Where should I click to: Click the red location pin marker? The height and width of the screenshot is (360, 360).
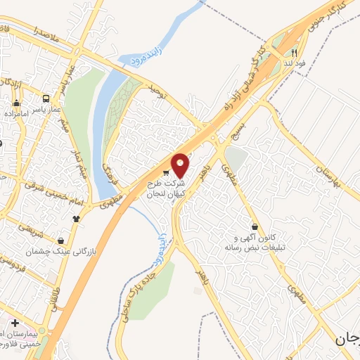pyautogui.click(x=181, y=165)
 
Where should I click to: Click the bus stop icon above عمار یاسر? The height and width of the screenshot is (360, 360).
pyautogui.click(x=46, y=99)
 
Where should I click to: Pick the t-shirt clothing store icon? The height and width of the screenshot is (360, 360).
pyautogui.click(x=76, y=217)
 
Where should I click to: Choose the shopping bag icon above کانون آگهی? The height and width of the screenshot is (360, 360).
pyautogui.click(x=263, y=227)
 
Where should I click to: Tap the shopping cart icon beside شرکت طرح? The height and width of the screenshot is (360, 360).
pyautogui.click(x=165, y=173)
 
